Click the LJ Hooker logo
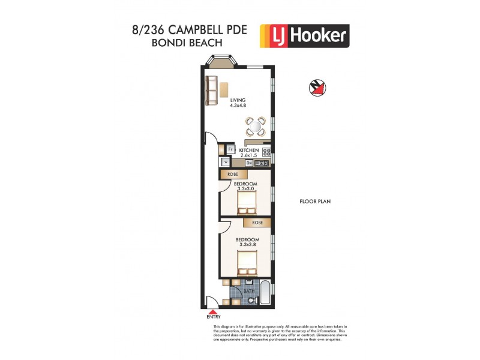(x=304, y=35)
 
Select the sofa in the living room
(x=210, y=89)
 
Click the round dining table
(x=256, y=127)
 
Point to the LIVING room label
(x=238, y=100)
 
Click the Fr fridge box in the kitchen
(x=230, y=149)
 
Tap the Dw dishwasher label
(x=249, y=162)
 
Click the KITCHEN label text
(x=249, y=150)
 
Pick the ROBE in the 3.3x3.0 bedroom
(x=233, y=174)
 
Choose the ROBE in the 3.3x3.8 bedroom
(x=257, y=222)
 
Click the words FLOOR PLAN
(x=316, y=202)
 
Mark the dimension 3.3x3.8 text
(x=248, y=245)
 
